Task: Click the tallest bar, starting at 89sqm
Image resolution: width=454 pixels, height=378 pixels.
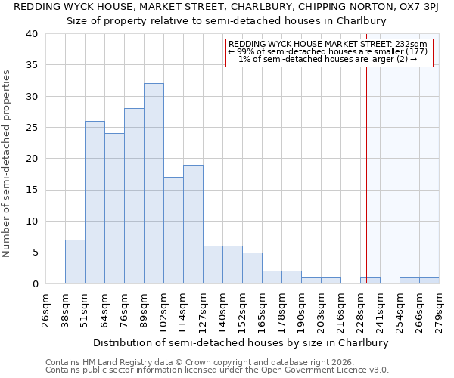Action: [x=154, y=184]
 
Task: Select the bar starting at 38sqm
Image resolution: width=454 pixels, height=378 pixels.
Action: [x=75, y=262]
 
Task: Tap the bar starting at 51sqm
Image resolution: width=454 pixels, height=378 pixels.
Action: [x=95, y=202]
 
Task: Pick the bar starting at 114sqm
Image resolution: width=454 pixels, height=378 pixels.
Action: [x=193, y=224]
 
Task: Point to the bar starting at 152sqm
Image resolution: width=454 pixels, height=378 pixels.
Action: [x=252, y=268]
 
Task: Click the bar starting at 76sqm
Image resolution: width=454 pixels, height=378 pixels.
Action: [x=134, y=196]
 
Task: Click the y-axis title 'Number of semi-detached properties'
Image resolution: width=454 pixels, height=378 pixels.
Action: [x=8, y=163]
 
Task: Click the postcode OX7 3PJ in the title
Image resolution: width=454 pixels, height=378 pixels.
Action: [x=418, y=7]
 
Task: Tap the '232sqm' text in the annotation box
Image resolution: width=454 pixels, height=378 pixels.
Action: [x=413, y=45]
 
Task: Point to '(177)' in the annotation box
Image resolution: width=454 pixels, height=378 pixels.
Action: [x=415, y=51]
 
